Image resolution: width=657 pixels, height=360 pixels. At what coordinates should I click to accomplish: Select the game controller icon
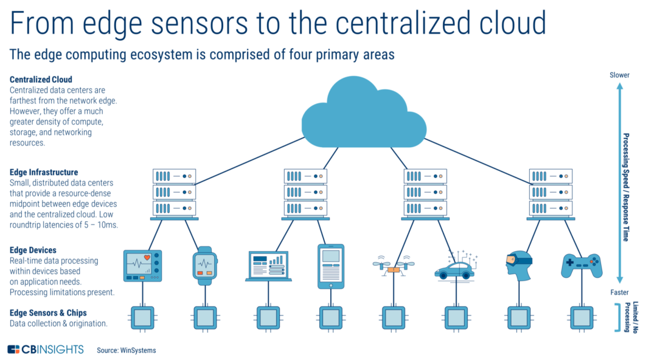coord(581,265)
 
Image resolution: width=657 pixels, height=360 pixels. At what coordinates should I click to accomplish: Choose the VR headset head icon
coord(517,266)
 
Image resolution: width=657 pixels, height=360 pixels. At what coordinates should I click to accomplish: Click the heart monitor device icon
coord(142,266)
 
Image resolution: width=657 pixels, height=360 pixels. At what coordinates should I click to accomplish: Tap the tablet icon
coord(330,266)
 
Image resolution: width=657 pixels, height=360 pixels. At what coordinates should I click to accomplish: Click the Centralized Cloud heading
coord(41,80)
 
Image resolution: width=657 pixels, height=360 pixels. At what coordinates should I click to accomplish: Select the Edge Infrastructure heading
coord(44,173)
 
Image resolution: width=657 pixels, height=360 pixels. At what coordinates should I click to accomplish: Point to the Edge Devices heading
coord(33,251)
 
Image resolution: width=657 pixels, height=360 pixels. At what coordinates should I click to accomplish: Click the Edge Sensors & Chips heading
coord(48,313)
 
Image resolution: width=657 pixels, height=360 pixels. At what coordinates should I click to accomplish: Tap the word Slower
coord(619,75)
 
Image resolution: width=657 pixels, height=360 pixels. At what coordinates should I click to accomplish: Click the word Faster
coord(619,292)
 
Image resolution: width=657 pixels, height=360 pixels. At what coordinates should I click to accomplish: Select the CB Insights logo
coord(46,350)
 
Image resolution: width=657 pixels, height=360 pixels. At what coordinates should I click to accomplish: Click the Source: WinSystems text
coord(126,350)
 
